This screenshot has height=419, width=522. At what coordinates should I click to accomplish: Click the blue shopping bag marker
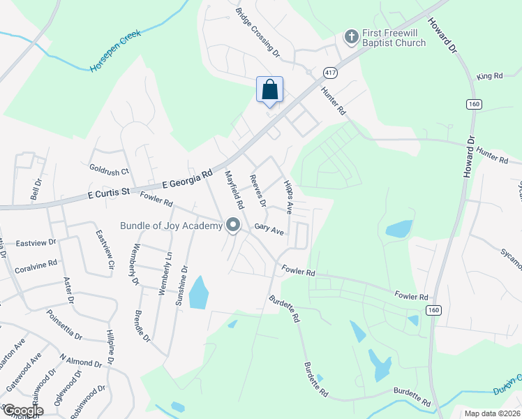point(270,90)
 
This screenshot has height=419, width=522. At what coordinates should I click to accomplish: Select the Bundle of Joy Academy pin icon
point(233,225)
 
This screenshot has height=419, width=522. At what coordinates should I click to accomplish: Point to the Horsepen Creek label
point(115,51)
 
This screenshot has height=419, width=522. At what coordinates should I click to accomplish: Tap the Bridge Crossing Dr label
point(257,32)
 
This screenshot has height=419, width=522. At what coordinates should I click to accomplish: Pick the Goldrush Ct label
point(110,170)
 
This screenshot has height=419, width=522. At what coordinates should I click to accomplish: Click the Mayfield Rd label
point(233,191)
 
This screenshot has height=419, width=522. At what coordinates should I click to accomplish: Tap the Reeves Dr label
point(258,191)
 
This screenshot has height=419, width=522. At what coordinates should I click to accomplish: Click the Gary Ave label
point(269,229)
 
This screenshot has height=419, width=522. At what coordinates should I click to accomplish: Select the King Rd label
point(489,76)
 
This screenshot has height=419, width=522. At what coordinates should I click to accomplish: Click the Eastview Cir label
point(105,249)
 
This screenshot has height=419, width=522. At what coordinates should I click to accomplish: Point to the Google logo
point(23,411)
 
